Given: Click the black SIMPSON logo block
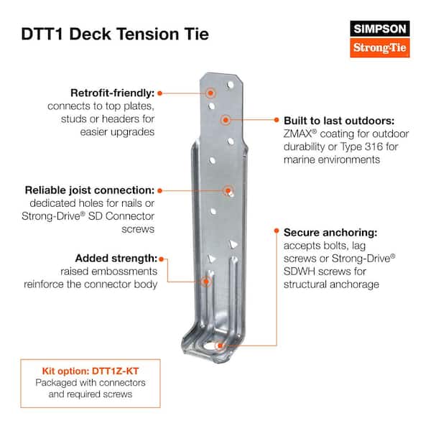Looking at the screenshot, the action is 380,29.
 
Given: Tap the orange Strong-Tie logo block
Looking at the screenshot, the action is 380,47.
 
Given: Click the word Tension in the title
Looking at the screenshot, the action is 147,34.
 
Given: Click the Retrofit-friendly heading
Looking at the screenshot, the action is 113,93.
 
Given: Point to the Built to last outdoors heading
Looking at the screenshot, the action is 339,121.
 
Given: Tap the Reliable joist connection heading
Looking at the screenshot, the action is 90,190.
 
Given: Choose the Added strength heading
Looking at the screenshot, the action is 116,259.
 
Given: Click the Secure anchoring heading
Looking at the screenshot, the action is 330,233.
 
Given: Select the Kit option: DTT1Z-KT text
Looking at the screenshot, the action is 91,371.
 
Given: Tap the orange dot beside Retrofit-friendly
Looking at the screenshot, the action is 159,93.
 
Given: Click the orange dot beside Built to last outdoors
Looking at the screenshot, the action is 277,119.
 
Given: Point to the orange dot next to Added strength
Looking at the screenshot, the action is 162,259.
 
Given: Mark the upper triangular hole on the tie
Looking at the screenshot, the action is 233,244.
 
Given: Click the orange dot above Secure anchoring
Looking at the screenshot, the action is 277,231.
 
